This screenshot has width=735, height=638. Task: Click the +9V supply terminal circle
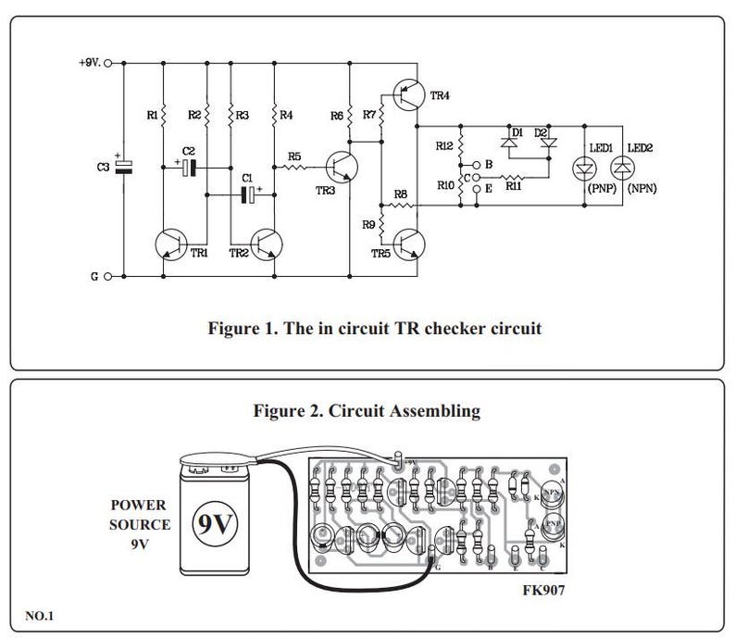coord(108,64)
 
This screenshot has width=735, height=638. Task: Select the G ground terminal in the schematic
coord(108,276)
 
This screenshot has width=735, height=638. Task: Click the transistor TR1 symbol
coord(171,244)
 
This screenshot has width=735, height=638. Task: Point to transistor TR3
coord(343,168)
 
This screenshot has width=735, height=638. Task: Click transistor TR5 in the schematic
coord(408,242)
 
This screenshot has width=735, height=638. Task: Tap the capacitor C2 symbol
coord(189,167)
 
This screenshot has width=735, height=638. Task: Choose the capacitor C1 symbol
coord(247,194)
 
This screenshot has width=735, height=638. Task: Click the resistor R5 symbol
coord(295,168)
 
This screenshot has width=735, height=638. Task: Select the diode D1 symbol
coord(508,143)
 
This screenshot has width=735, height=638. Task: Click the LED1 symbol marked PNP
coord(584,168)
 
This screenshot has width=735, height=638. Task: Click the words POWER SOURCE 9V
coord(138,525)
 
